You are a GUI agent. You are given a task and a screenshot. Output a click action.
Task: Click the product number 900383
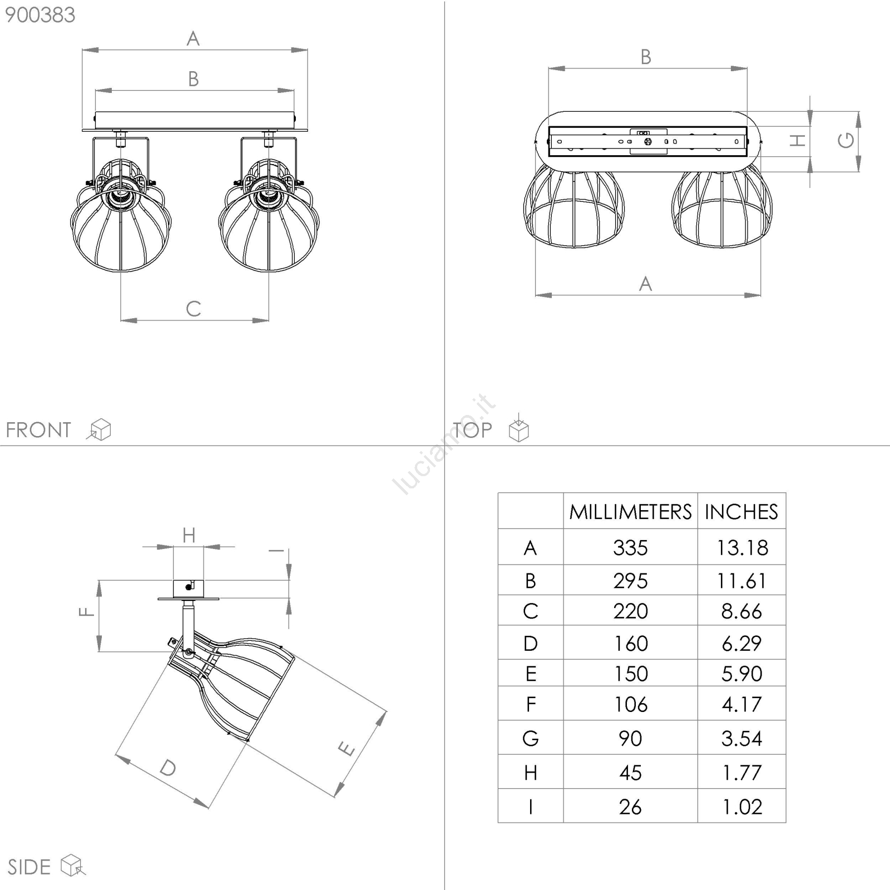click(40, 15)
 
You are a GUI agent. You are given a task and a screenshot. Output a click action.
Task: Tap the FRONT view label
click(38, 430)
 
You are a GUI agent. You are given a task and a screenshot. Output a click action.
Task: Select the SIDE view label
click(29, 867)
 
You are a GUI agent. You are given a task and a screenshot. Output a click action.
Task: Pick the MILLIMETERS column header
click(630, 512)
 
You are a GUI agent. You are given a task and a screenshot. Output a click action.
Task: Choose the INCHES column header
click(741, 512)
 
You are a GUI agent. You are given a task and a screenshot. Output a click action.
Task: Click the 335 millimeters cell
click(630, 548)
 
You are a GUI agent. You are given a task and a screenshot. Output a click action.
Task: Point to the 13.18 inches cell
click(742, 548)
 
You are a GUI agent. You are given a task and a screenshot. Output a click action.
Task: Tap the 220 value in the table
click(630, 611)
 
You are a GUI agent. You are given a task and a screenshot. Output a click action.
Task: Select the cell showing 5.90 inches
click(742, 674)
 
